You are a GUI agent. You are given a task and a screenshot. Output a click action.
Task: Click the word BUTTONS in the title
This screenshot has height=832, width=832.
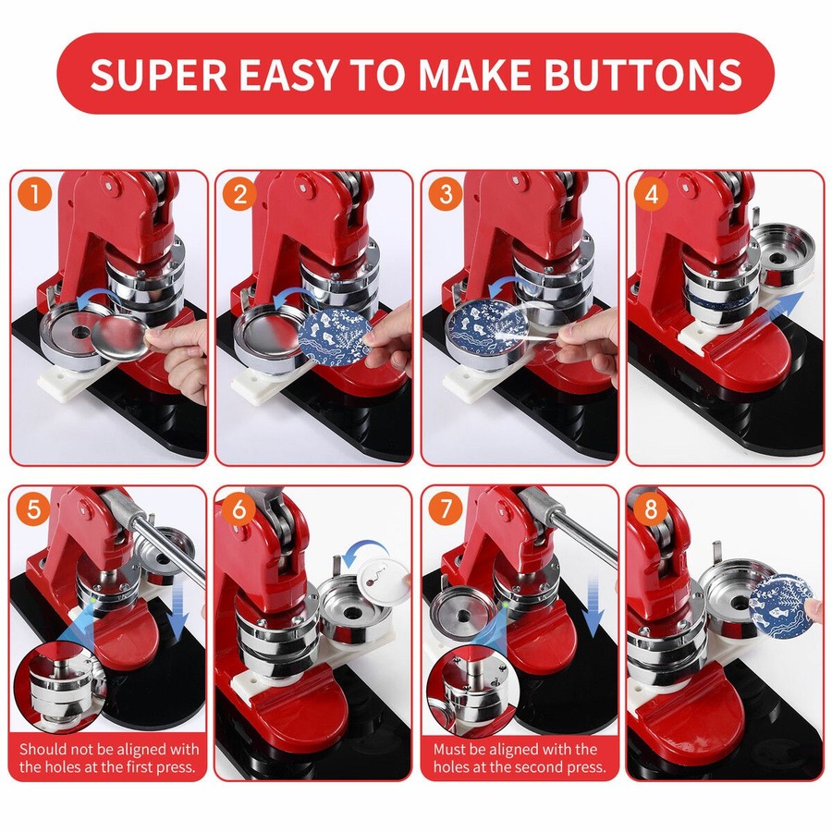(641, 75)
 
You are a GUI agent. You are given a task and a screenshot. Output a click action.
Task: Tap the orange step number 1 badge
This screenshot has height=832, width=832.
(35, 196)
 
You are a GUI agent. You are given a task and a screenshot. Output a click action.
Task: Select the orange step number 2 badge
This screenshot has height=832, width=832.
(240, 196)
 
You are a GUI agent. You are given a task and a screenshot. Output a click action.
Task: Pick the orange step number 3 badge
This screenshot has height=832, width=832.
(447, 196)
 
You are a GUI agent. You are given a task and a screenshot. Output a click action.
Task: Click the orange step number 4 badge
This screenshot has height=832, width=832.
(652, 196)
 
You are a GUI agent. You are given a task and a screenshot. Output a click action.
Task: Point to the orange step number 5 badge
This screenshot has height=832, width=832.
(35, 510)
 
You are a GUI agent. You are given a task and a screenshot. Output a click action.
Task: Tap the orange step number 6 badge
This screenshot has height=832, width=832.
(240, 510)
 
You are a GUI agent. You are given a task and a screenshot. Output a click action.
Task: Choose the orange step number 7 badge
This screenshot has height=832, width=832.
(447, 510)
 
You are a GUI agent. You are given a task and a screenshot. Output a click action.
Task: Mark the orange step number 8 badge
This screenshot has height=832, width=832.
(652, 510)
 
